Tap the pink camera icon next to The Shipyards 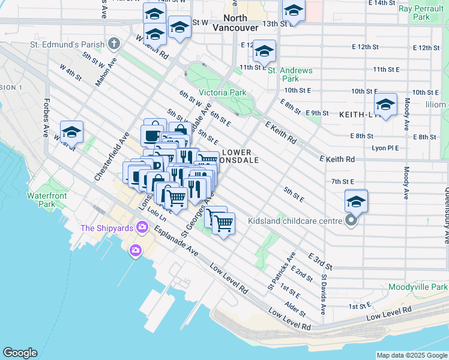(142, 227)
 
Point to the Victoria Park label (222, 93)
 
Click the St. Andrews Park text (290, 74)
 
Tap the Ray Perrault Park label (423, 13)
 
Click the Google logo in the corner (20, 353)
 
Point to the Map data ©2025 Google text (411, 355)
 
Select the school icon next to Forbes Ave (71, 131)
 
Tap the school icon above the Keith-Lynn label (385, 104)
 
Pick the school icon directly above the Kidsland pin (356, 202)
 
